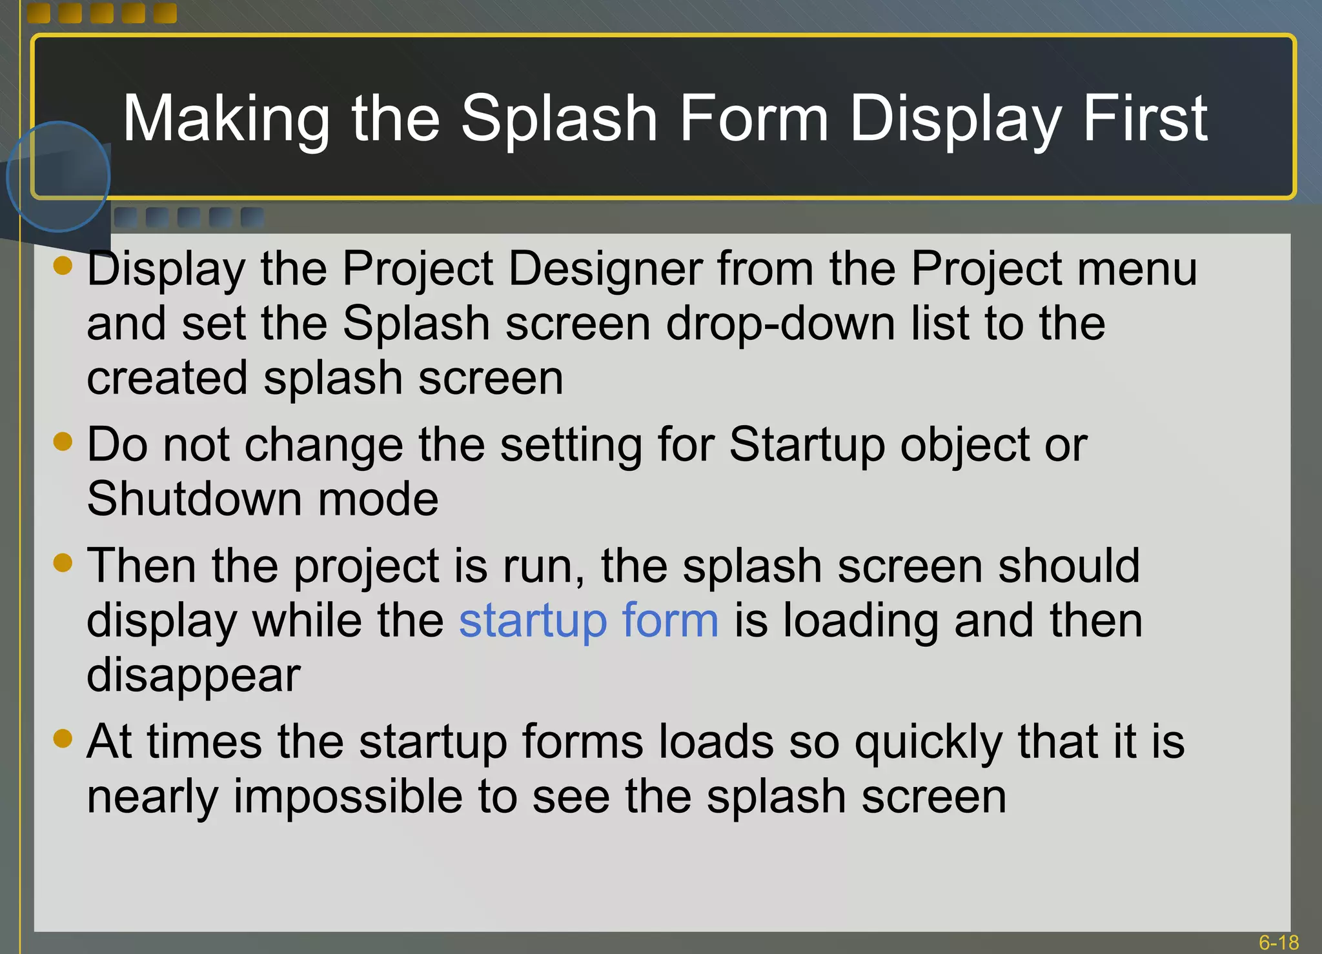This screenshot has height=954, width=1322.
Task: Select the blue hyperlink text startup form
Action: [588, 621]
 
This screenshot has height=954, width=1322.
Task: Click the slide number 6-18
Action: [1278, 942]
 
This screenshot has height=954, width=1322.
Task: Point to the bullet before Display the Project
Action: [63, 266]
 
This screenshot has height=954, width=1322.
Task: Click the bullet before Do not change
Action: [63, 442]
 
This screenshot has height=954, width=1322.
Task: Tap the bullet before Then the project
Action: [63, 562]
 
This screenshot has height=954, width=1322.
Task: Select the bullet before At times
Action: [63, 738]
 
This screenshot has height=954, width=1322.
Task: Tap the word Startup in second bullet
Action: [807, 445]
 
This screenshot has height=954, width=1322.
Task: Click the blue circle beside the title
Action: [58, 176]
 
